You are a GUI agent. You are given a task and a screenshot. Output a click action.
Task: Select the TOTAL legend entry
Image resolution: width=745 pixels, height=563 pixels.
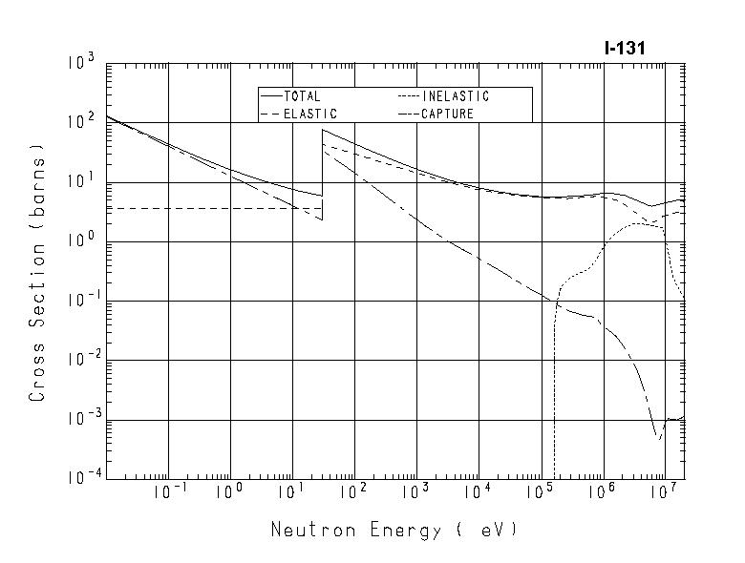pos(302,96)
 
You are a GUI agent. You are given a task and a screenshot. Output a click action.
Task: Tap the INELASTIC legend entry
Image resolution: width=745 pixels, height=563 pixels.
pos(455,96)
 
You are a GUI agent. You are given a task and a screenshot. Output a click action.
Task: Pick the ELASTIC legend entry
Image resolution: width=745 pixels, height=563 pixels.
pos(309,114)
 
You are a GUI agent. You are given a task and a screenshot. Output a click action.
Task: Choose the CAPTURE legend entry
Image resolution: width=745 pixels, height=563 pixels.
pos(447,114)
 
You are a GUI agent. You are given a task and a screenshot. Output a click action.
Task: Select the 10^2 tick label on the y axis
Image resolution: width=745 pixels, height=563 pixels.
pos(80,123)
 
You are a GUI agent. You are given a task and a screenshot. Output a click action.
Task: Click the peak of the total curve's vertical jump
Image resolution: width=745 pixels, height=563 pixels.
pos(323,130)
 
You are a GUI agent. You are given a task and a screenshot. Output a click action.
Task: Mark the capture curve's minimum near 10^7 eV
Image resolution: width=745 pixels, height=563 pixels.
pos(658,438)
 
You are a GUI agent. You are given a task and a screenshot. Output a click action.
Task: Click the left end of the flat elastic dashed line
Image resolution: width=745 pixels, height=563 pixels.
pos(108,208)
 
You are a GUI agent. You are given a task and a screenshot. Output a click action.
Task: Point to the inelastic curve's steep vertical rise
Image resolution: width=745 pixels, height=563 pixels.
pos(555,382)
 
